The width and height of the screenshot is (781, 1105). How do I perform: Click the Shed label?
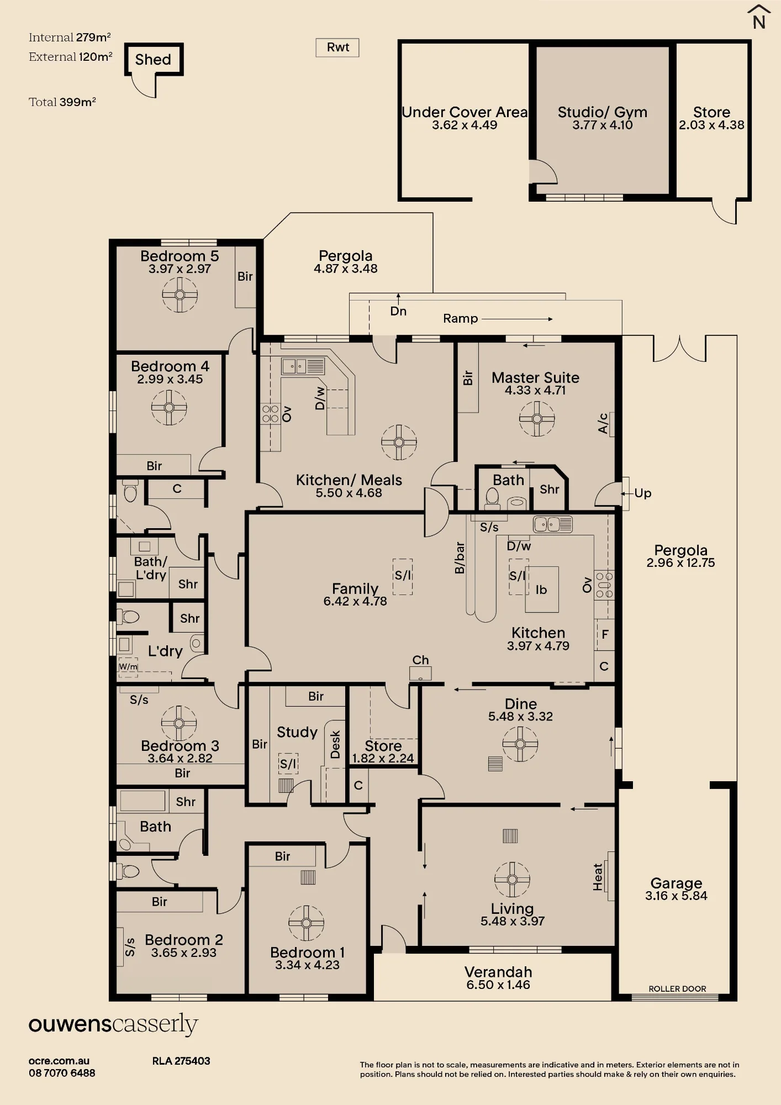[153, 59]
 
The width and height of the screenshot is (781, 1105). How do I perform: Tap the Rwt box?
[337, 48]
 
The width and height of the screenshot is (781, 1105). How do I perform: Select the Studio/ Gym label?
[602, 112]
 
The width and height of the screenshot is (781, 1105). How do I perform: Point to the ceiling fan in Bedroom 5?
[180, 294]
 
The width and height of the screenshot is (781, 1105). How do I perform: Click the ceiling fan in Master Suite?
[537, 418]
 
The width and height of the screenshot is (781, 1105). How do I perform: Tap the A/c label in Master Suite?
[603, 423]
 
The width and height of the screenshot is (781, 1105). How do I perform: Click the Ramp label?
[460, 318]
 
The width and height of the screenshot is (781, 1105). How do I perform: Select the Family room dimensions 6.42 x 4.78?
[355, 601]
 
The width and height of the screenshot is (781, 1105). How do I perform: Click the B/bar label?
[460, 558]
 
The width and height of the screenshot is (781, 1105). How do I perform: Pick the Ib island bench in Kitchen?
[541, 590]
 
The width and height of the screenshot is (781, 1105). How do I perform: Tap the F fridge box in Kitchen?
[605, 634]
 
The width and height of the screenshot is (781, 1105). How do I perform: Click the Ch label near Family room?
[420, 660]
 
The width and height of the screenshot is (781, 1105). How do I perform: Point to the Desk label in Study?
[335, 744]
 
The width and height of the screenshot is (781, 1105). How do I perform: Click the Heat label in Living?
[598, 877]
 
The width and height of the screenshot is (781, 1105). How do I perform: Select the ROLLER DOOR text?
[677, 988]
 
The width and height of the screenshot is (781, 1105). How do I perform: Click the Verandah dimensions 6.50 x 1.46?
[498, 985]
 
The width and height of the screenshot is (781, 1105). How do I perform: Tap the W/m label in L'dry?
[128, 667]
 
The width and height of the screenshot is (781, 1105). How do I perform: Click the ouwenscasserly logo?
[113, 1024]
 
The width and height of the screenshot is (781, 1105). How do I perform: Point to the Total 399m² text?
[62, 102]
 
